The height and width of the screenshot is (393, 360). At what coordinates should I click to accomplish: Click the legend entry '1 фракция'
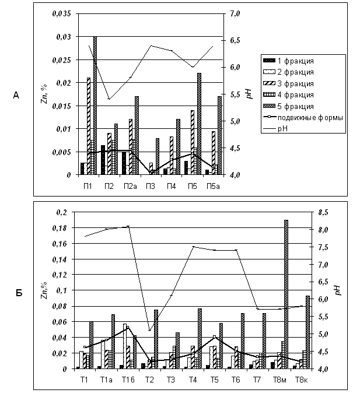coord(288,61)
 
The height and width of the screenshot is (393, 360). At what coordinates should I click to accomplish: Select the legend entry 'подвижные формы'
coord(303,118)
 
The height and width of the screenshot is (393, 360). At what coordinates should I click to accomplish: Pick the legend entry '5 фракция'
coord(288,106)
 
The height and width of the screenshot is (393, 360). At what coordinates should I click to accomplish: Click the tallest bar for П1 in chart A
coord(95,106)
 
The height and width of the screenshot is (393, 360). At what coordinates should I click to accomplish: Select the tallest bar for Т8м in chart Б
coord(286,294)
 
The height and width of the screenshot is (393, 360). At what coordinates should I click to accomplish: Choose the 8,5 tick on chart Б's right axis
coord(323,213)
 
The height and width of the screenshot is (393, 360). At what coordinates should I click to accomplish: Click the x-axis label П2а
coord(130,186)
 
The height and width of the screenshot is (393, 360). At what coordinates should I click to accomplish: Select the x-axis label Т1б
coord(128,380)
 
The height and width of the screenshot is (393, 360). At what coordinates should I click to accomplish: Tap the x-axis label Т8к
coord(301,380)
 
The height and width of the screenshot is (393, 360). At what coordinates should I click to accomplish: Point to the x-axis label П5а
coord(213,186)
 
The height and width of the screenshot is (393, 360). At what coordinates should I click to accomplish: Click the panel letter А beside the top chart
coord(16,96)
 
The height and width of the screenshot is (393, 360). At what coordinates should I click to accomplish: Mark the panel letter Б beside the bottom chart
coord(19,293)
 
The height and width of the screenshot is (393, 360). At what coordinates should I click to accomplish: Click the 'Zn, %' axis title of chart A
coord(44,94)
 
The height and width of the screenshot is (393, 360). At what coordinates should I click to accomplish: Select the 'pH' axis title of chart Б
coord(338,290)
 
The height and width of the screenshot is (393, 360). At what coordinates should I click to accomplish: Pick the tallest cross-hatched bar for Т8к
coord(307,332)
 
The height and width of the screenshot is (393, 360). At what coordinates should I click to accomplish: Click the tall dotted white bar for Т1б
coord(125,346)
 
